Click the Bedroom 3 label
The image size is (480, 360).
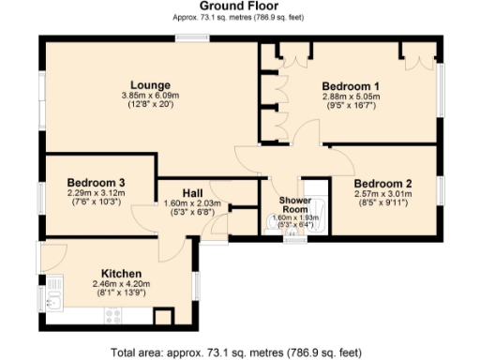tap(97, 182)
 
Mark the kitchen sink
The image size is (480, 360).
tap(55, 301)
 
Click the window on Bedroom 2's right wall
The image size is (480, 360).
tap(438, 193)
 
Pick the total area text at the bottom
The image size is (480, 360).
tap(235, 352)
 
